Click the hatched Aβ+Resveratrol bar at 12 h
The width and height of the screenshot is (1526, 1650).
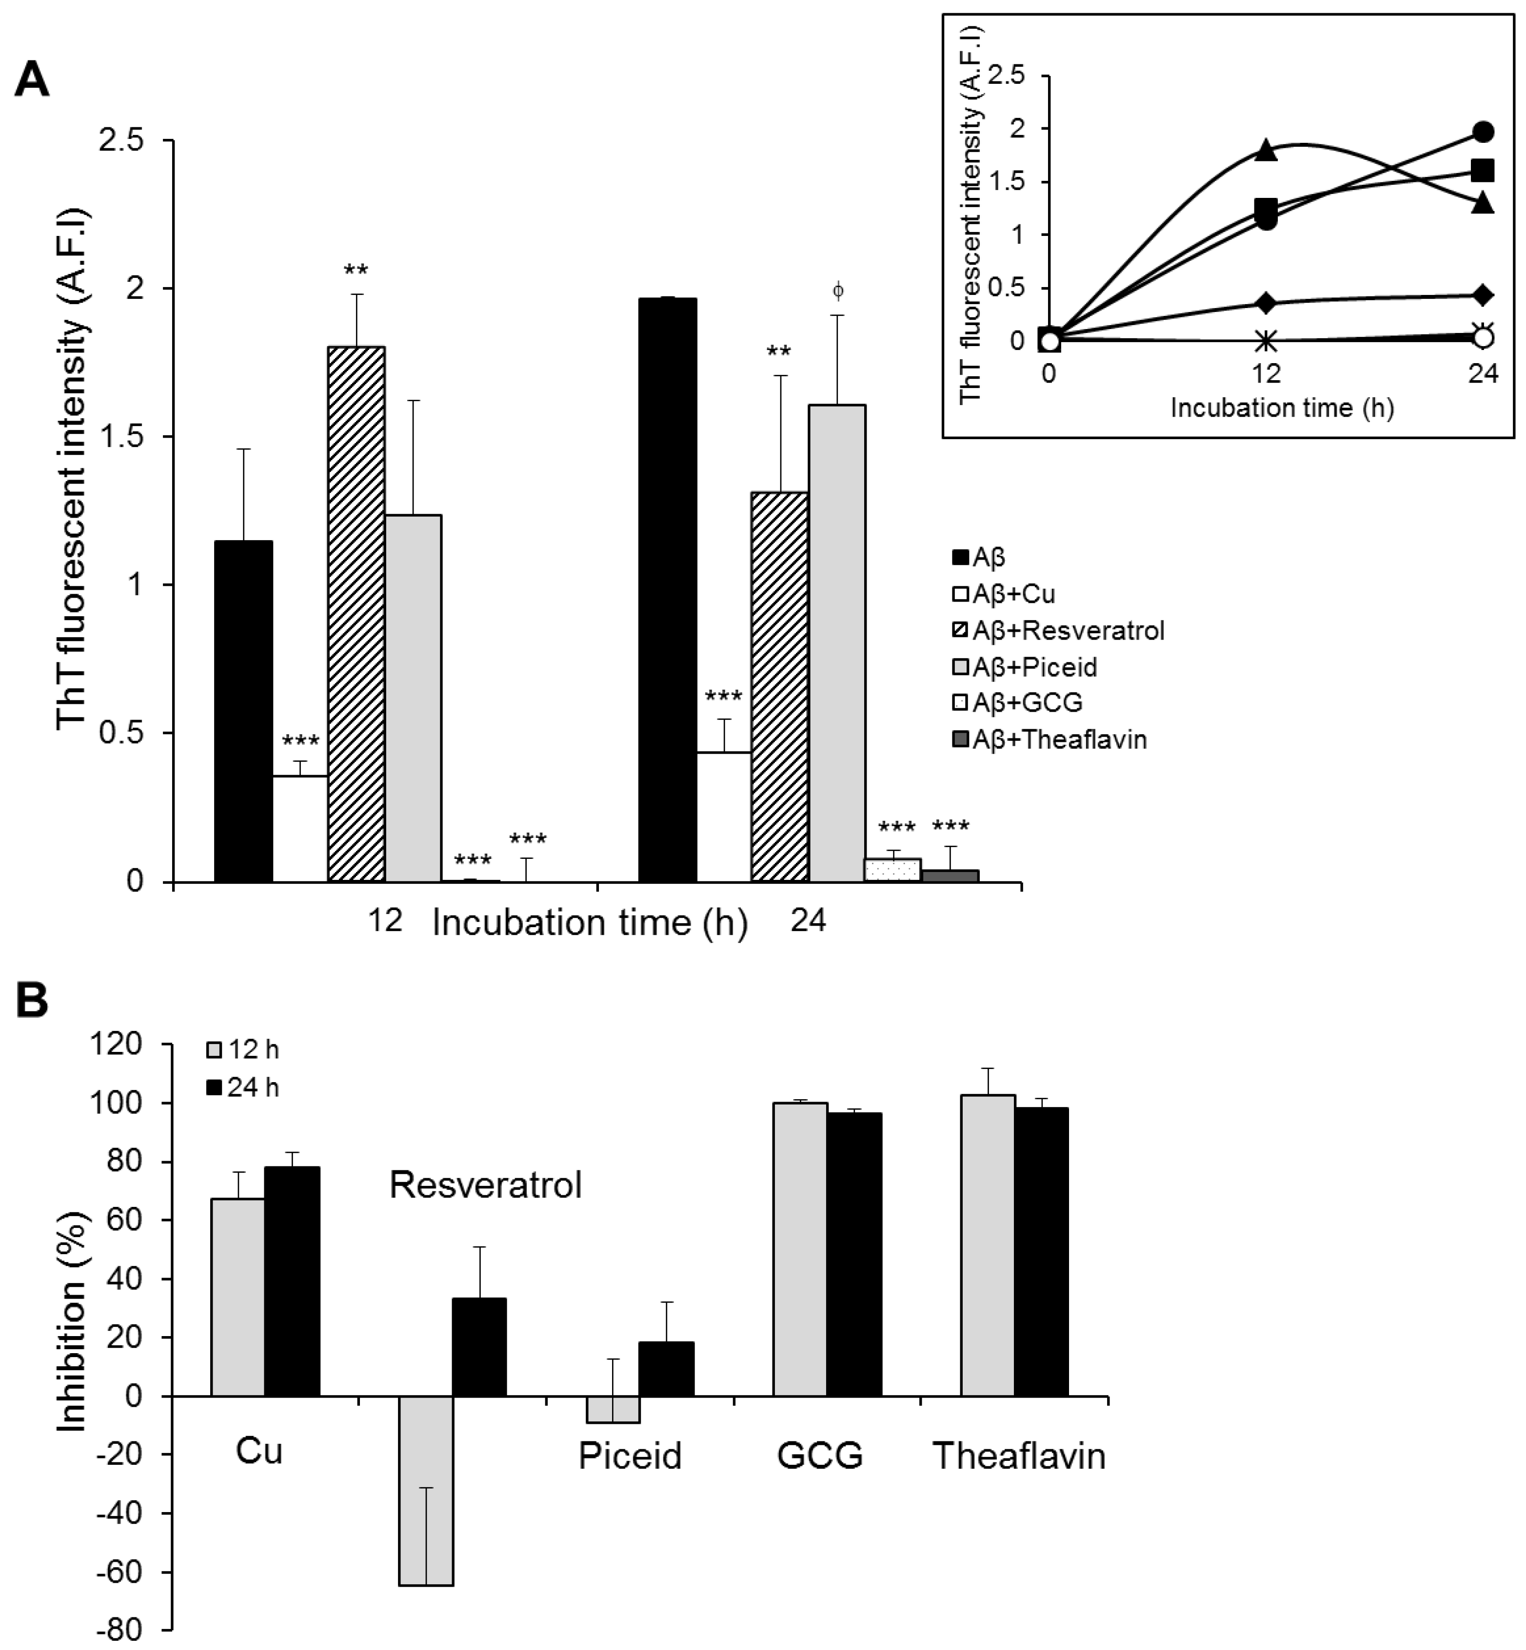click(356, 615)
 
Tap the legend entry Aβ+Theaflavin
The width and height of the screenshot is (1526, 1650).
click(1049, 739)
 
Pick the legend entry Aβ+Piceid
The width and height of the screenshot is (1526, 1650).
click(1025, 666)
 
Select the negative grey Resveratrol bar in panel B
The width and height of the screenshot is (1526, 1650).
click(426, 1491)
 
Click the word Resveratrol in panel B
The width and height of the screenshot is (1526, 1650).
click(486, 1185)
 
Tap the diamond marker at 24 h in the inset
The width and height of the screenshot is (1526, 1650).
click(1483, 295)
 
